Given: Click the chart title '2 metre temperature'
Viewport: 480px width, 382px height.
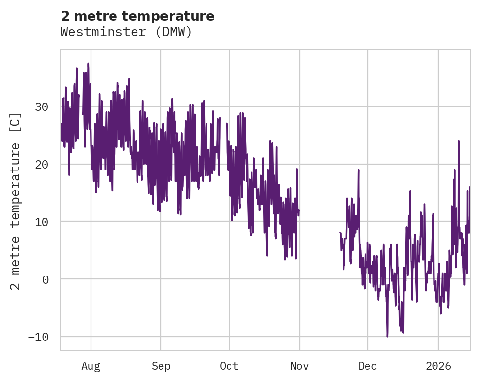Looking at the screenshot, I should click(137, 16).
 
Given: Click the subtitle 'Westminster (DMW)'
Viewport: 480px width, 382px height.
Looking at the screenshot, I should click(126, 32).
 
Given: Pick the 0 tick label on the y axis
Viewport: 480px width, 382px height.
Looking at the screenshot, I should click(46, 279).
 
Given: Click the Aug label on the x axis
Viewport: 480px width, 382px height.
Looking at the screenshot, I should click(91, 366).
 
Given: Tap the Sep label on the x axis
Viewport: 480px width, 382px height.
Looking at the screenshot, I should click(160, 366).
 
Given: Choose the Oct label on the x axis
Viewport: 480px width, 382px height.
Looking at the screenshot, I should click(229, 366).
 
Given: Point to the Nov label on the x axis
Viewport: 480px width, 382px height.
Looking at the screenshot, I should click(299, 366).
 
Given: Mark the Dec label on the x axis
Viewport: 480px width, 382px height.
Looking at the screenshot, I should click(367, 366).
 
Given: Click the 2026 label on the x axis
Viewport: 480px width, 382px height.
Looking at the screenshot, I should click(438, 366).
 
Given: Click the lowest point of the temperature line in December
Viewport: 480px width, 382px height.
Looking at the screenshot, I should click(387, 336).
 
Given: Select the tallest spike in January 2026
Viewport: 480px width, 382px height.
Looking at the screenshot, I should click(459, 141).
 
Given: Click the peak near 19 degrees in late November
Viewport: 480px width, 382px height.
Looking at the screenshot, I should click(359, 170).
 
